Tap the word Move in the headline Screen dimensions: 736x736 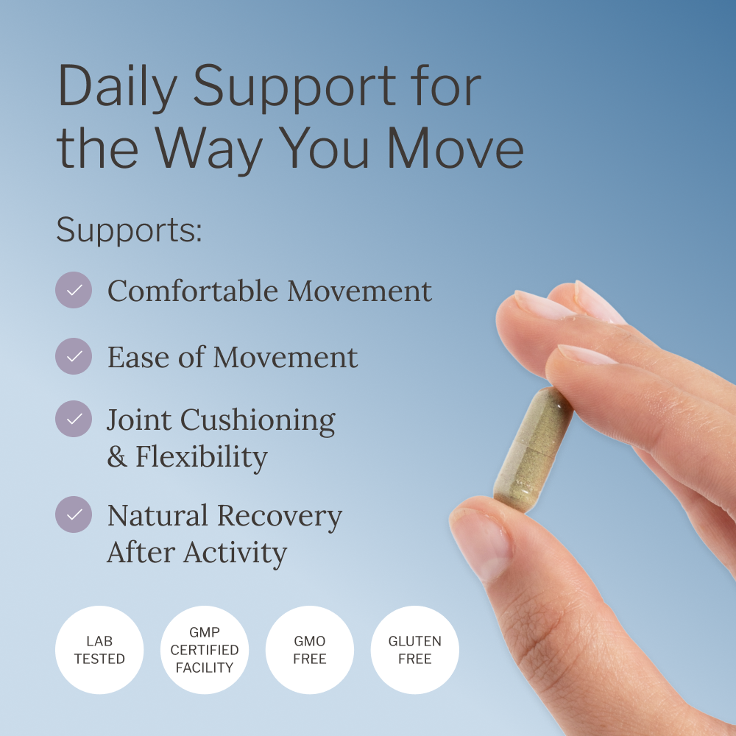[x=456, y=149]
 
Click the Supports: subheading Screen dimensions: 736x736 [x=129, y=230]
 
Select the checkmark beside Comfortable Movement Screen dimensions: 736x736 [x=74, y=290]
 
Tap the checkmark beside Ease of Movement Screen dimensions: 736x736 [x=74, y=356]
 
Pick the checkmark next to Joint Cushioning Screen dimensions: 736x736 [x=74, y=419]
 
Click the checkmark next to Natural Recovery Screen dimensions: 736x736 [x=74, y=514]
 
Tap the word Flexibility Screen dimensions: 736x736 [x=201, y=457]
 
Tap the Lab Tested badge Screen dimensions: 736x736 [x=99, y=650]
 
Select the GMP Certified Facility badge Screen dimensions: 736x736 [x=205, y=650]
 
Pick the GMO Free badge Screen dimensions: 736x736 [x=309, y=650]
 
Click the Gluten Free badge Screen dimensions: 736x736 [x=414, y=650]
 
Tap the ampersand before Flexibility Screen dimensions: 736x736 [x=117, y=457]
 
